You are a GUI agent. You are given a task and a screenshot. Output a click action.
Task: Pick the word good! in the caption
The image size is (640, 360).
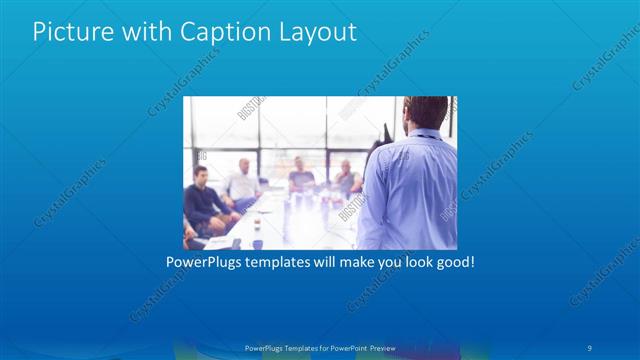(453, 262)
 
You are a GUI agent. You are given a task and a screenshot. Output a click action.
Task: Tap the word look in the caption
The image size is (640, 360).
(409, 262)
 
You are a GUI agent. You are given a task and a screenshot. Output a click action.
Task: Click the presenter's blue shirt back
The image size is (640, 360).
(410, 190)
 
